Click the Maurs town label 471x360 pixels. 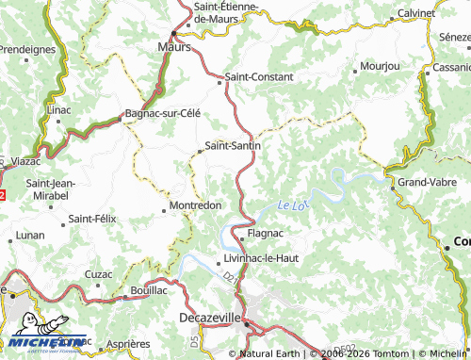pos(174,45)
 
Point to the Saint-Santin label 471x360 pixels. pos(233,146)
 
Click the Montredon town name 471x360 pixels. pos(195,205)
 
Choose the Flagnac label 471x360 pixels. pos(266,232)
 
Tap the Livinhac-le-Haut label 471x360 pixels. pos(262,257)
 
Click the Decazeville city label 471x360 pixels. pos(211,319)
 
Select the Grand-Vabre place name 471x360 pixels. pos(428,181)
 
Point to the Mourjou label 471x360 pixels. pos(381,68)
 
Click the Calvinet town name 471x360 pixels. pos(415,13)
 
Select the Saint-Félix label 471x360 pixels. pos(92,219)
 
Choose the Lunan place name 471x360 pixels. pos(30,234)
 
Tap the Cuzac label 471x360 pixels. pos(99,273)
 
